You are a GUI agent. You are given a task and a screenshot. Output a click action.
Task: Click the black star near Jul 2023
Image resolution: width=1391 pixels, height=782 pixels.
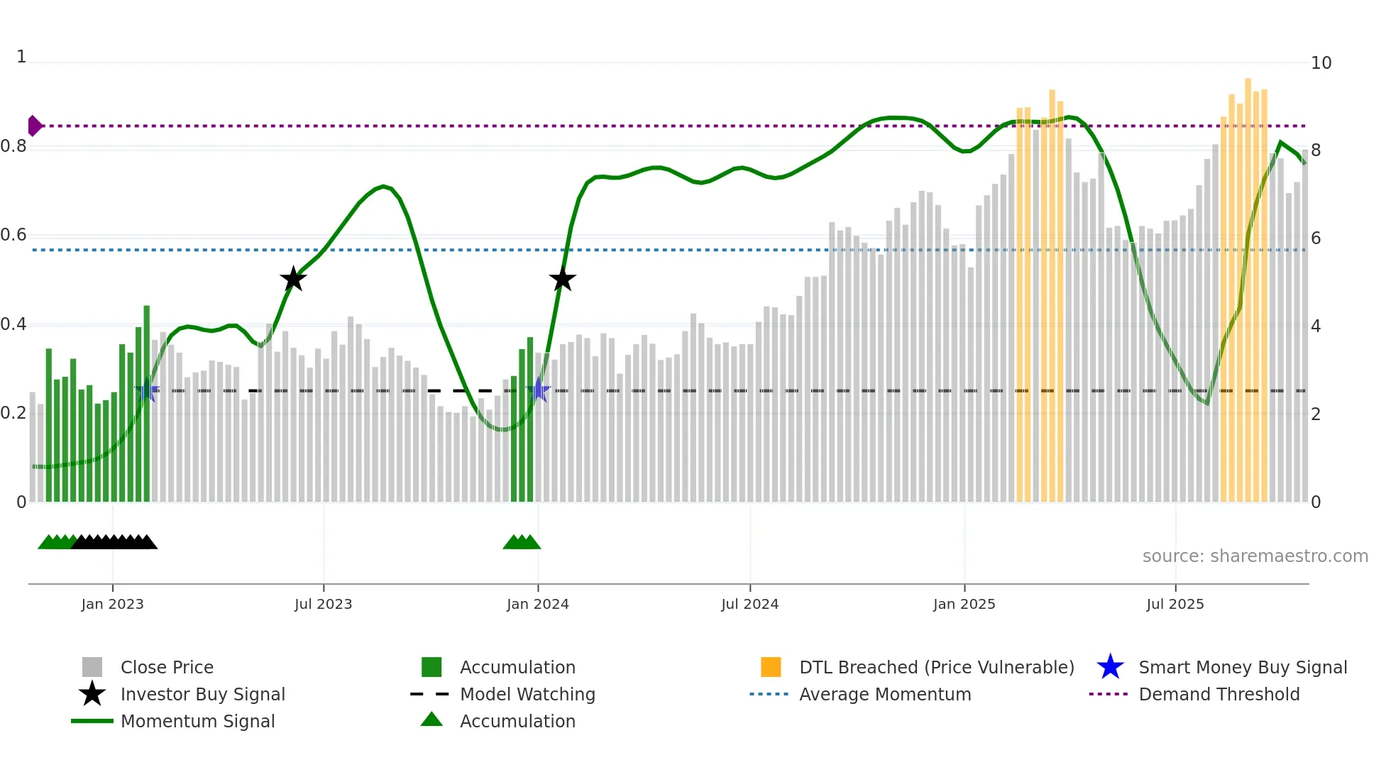tap(293, 280)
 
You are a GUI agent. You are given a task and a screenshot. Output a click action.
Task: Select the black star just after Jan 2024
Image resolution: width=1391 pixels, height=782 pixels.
tap(562, 280)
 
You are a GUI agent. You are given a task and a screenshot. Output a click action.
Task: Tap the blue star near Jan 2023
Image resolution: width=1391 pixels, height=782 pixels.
tap(147, 390)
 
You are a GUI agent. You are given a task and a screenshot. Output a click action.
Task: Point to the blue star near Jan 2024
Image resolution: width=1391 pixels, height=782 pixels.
tap(539, 390)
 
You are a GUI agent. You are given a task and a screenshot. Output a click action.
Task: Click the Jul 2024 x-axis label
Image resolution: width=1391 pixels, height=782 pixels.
tap(749, 604)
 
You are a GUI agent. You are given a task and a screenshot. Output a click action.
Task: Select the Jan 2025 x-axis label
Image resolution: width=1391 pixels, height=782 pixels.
tap(964, 604)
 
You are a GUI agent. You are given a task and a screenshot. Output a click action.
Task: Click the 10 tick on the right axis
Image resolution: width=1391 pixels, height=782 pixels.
tap(1321, 63)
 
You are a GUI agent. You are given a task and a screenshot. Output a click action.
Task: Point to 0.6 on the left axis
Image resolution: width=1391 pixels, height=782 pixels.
tap(13, 235)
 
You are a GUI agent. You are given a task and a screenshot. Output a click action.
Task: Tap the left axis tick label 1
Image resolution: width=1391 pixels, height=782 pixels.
tap(21, 57)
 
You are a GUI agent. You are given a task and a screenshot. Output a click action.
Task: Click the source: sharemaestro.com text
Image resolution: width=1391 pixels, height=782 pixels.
tap(1255, 556)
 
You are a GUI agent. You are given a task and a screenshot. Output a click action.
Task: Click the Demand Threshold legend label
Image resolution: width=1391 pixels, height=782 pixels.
tap(1219, 694)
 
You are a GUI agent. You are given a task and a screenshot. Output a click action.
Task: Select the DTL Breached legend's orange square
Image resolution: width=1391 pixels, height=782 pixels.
tap(771, 667)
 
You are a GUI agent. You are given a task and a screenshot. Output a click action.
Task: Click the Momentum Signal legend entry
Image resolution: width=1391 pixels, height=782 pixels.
tap(197, 721)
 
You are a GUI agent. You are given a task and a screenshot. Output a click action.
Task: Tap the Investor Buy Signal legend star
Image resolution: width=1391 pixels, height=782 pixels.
tap(92, 694)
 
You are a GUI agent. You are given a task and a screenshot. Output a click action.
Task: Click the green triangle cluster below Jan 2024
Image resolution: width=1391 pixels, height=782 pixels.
tap(522, 542)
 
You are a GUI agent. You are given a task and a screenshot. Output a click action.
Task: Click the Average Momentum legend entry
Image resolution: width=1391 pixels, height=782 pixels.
tap(884, 694)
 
